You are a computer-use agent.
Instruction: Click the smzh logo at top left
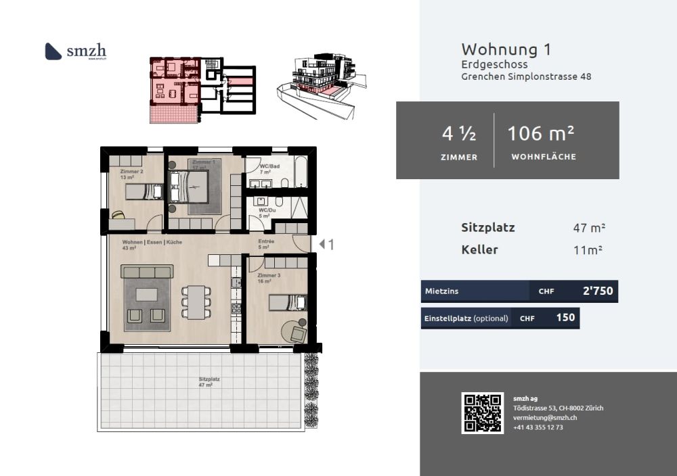tap(75, 51)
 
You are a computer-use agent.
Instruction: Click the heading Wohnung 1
tap(506, 49)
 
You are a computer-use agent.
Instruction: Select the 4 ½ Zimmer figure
tap(459, 134)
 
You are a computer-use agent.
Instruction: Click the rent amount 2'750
tap(597, 291)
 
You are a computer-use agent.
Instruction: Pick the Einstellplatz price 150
tap(565, 318)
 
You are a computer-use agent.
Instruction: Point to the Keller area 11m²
tap(588, 250)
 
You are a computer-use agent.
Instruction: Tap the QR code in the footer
tap(482, 412)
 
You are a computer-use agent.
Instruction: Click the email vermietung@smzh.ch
tap(544, 418)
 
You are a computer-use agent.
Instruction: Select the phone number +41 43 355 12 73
tap(538, 427)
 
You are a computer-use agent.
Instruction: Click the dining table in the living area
tap(196, 302)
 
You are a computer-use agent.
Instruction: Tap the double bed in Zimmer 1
tap(190, 187)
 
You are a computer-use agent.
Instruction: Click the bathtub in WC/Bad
tap(301, 172)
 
